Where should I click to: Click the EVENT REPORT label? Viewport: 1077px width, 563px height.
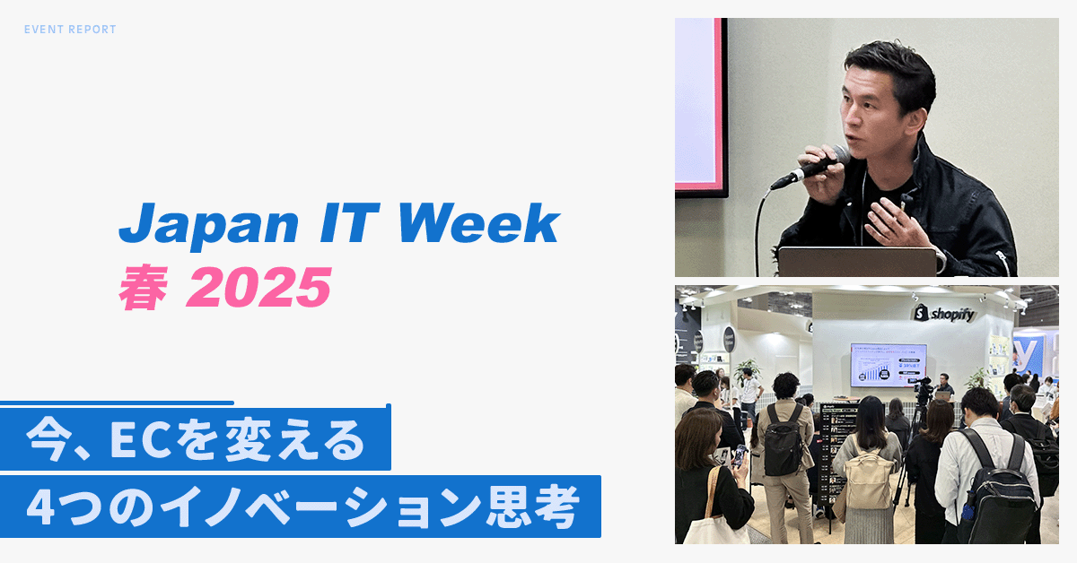(x=70, y=30)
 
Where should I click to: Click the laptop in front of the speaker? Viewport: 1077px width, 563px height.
(x=856, y=261)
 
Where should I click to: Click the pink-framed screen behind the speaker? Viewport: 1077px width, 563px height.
(x=699, y=103)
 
